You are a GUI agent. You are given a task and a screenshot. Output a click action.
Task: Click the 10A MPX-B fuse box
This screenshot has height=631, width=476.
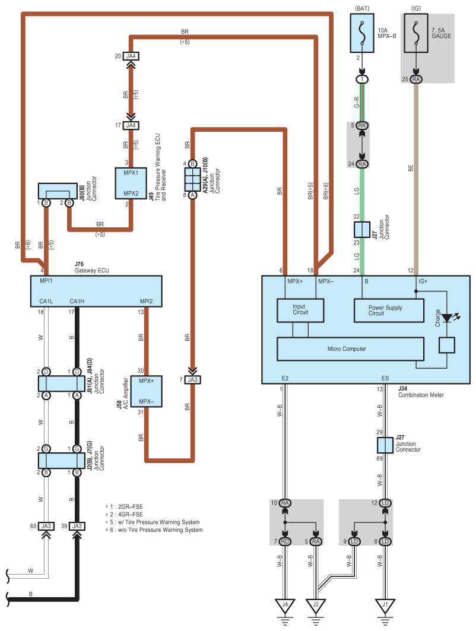[361, 33]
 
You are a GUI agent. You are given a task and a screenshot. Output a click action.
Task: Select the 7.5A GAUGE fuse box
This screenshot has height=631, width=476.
[415, 33]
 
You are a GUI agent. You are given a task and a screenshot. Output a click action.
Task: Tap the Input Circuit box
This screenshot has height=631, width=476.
[300, 310]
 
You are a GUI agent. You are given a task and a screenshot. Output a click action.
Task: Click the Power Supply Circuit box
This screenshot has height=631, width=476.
[389, 310]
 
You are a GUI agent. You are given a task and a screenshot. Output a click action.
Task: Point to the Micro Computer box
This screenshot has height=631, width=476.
[350, 349]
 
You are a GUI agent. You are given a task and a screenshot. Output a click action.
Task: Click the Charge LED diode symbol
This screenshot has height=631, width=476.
[447, 318]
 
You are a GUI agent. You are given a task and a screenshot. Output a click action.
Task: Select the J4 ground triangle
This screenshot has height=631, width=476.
[285, 606]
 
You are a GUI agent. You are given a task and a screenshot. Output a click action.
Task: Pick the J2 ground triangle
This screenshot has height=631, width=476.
[316, 606]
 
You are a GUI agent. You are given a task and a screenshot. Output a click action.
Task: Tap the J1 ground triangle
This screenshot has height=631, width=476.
[385, 606]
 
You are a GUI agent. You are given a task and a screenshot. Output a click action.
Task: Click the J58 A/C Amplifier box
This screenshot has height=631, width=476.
[146, 391]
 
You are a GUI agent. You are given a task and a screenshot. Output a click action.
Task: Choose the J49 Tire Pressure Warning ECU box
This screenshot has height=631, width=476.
[131, 183]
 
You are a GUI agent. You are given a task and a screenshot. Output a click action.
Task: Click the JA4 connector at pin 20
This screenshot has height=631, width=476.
[131, 56]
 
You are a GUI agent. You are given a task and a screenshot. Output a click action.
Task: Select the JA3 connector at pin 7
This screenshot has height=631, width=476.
[193, 379]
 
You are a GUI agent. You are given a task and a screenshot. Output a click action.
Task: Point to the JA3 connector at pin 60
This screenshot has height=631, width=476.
[46, 526]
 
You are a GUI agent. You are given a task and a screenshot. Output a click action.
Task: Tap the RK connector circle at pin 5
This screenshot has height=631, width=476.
[361, 126]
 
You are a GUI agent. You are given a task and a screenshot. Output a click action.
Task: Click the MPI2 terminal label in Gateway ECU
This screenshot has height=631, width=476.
[146, 301]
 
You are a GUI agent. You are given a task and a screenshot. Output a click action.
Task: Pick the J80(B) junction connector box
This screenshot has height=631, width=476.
[58, 191]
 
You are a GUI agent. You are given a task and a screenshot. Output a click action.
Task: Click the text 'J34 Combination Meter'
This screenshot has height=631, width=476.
[421, 392]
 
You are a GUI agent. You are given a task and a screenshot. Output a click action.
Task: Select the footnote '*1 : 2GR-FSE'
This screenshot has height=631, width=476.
[124, 507]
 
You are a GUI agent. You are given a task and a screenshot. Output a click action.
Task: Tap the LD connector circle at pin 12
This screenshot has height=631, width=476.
[385, 503]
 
